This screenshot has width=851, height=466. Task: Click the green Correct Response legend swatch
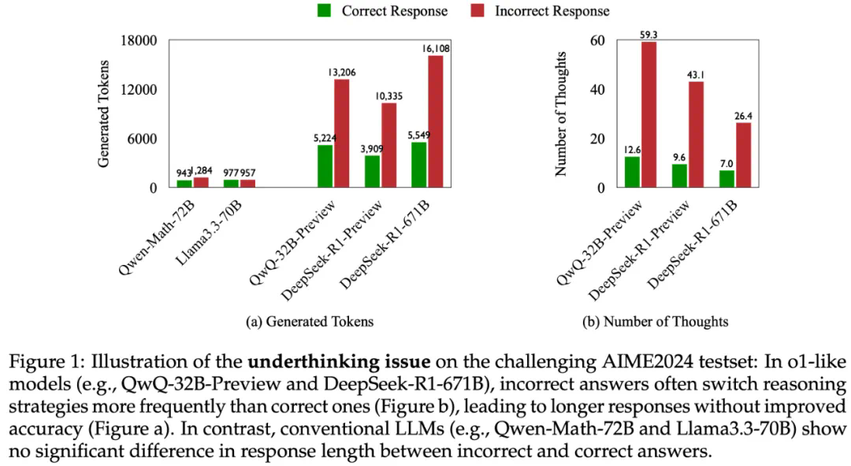coord(324,11)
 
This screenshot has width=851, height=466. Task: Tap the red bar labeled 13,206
coord(341,133)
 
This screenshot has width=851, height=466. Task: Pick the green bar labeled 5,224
coord(325,166)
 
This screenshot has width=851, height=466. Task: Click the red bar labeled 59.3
coord(648,115)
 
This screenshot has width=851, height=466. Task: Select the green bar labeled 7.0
coord(727,179)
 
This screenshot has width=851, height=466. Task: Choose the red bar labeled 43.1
coord(696,135)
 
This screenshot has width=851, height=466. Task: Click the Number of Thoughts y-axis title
coord(562,114)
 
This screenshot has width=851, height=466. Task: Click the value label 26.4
coord(744,116)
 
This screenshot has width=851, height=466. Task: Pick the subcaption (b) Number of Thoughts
coord(655,322)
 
